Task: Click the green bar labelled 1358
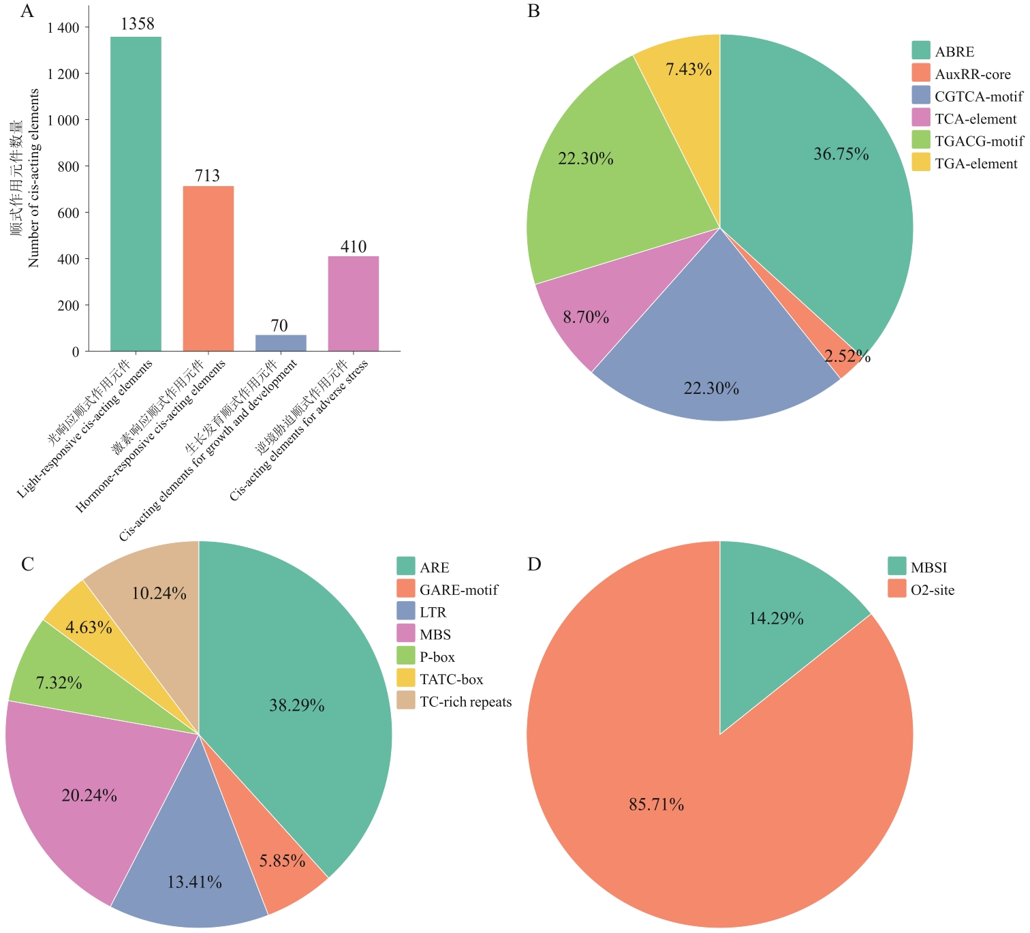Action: (136, 194)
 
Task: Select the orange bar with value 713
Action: (208, 269)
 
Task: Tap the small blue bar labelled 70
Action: (280, 343)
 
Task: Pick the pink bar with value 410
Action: (353, 304)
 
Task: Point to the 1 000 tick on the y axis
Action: (63, 120)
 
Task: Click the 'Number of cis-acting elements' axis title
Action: (33, 179)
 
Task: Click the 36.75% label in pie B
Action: (841, 154)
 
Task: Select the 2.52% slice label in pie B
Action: (847, 356)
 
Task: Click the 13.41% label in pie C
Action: (194, 882)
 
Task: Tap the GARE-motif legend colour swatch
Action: (406, 590)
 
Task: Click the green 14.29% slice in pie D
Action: (777, 613)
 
